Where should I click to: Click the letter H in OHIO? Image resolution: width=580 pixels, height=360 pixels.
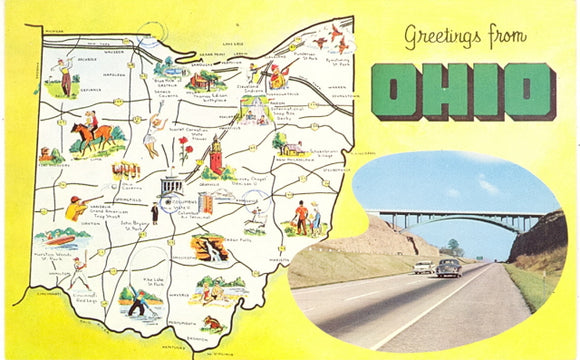pos(445,91)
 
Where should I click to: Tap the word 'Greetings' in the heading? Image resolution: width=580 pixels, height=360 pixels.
pos(433,37)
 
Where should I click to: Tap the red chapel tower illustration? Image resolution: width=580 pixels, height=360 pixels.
pos(215,151)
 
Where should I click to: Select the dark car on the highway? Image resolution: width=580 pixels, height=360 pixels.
pos(447,267)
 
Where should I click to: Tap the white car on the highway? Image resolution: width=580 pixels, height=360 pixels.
pos(423,267)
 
